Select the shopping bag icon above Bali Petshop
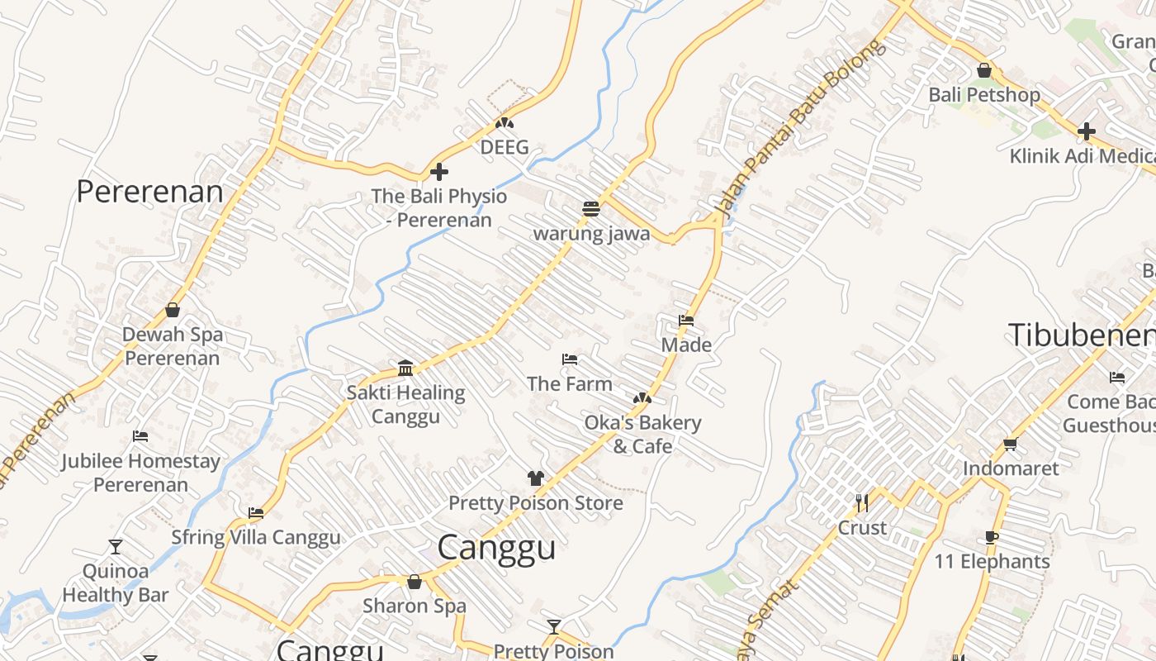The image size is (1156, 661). tap(983, 71)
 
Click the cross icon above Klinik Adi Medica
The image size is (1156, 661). tap(1087, 131)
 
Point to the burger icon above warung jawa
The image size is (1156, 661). tap(590, 209)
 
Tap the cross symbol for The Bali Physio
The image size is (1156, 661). tap(439, 172)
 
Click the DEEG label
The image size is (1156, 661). tap(505, 148)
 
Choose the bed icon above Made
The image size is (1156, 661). tap(686, 321)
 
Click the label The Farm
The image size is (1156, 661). tap(570, 383)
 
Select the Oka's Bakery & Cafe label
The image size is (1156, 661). tap(642, 435)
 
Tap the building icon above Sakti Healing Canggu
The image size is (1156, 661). tap(405, 368)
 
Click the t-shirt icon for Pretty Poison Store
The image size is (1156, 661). tap(536, 478)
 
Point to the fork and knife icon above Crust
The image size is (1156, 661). tap(862, 502)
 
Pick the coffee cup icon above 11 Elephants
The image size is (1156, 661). tap(992, 537)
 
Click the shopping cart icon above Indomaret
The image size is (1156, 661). tap(1010, 445)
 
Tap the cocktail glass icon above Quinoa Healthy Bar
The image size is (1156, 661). tap(116, 546)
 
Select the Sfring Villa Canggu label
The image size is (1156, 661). tap(256, 538)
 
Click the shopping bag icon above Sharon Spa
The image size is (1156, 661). tap(415, 582)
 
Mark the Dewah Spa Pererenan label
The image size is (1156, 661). tap(173, 346)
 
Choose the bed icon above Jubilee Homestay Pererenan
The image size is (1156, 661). tap(140, 436)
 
